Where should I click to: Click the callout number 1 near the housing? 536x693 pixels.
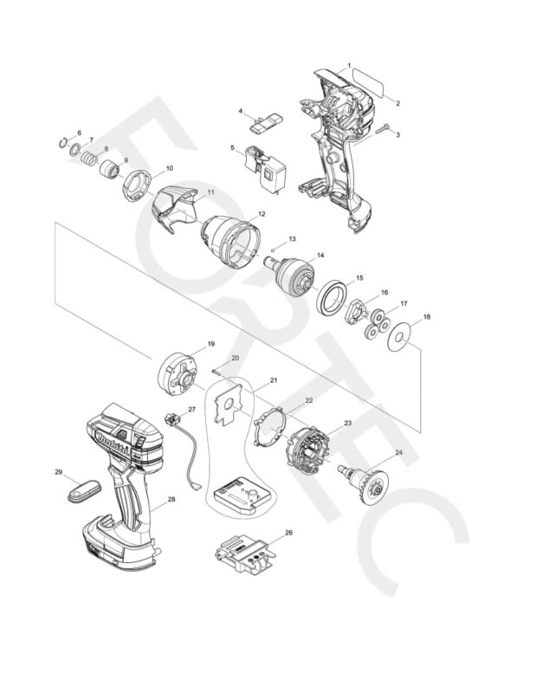click(349, 66)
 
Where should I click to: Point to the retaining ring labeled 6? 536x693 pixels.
click(63, 144)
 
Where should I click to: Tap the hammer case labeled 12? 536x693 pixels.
click(231, 236)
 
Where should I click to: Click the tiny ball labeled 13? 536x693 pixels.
click(274, 248)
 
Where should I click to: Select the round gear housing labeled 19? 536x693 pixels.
click(178, 369)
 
